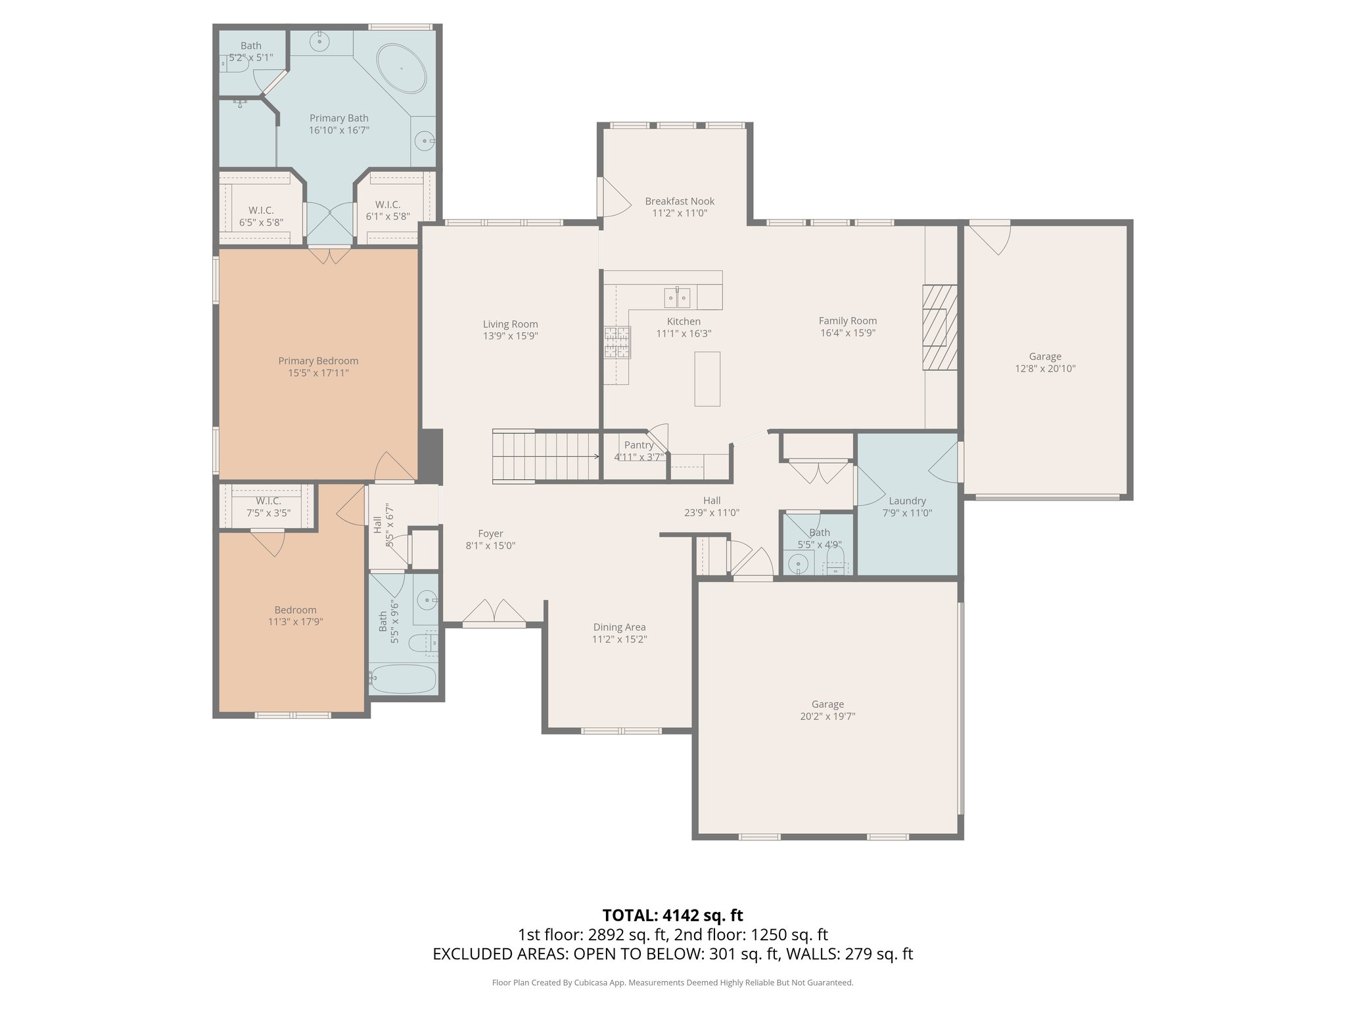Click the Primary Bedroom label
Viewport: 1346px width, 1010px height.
pos(318,360)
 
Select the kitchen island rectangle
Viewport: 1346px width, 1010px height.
pos(707,379)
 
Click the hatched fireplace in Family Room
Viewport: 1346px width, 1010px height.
pos(939,327)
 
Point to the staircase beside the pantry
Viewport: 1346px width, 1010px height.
pos(545,456)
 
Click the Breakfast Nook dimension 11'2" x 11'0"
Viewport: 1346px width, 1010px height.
pos(680,213)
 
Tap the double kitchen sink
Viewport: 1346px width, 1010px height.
pos(676,297)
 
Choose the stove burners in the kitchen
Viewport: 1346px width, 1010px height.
pos(617,342)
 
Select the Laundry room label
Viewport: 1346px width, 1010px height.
pos(907,500)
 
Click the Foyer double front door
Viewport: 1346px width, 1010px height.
pos(494,613)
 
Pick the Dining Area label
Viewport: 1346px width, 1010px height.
pos(619,627)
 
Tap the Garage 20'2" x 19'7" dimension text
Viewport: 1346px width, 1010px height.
pos(827,716)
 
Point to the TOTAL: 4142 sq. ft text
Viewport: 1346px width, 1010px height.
pos(672,915)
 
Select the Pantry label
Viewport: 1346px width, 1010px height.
pos(638,445)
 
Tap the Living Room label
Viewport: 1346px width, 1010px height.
pos(510,324)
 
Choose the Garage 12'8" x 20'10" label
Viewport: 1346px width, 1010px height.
pos(1045,356)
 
